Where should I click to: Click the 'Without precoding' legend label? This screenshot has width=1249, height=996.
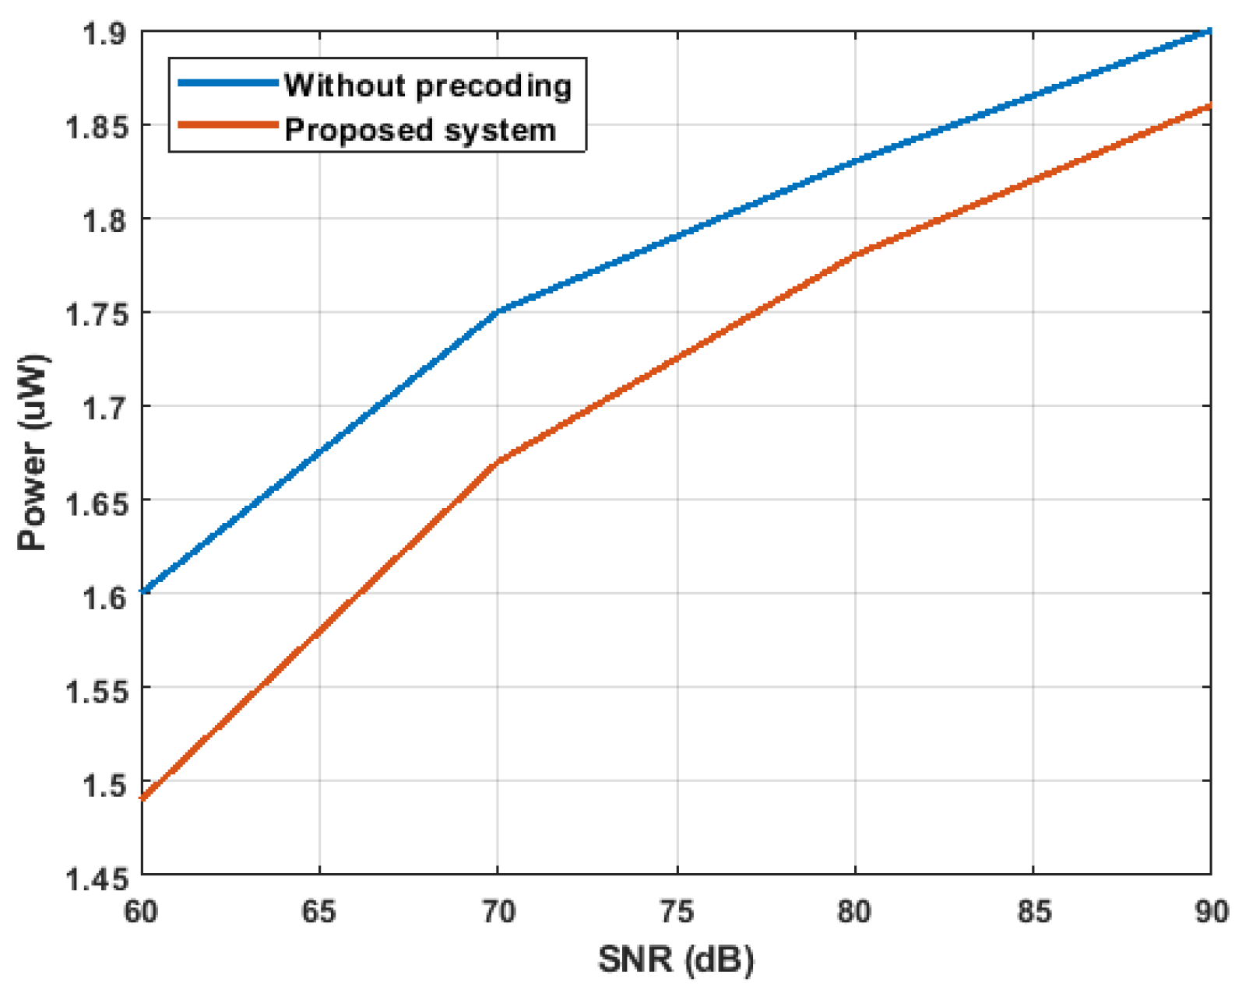pos(427,86)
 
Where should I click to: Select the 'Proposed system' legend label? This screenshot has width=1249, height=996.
pos(420,130)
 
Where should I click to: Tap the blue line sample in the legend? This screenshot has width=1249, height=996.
pos(227,82)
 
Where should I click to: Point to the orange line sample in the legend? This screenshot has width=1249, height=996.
pos(227,125)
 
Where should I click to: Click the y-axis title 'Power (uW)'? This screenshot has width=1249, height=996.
pos(33,452)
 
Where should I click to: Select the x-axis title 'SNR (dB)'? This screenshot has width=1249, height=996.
pos(676,959)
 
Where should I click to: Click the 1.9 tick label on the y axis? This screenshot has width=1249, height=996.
pos(105,34)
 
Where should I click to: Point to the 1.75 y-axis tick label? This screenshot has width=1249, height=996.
pos(95,314)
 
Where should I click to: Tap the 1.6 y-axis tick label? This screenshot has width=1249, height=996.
pos(105,596)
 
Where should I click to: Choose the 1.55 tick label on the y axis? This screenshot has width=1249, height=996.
pos(95,690)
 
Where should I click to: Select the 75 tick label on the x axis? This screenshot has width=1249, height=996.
pos(677,911)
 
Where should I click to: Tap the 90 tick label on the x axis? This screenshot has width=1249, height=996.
pos(1210,911)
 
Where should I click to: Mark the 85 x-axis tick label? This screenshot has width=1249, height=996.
pos(1033,911)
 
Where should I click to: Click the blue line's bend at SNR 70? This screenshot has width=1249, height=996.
pos(498,311)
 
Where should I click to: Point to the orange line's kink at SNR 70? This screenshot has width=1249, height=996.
pos(498,461)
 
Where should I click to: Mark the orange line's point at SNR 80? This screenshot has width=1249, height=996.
pos(855,254)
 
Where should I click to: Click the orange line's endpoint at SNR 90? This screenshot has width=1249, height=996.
pos(1209,105)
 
